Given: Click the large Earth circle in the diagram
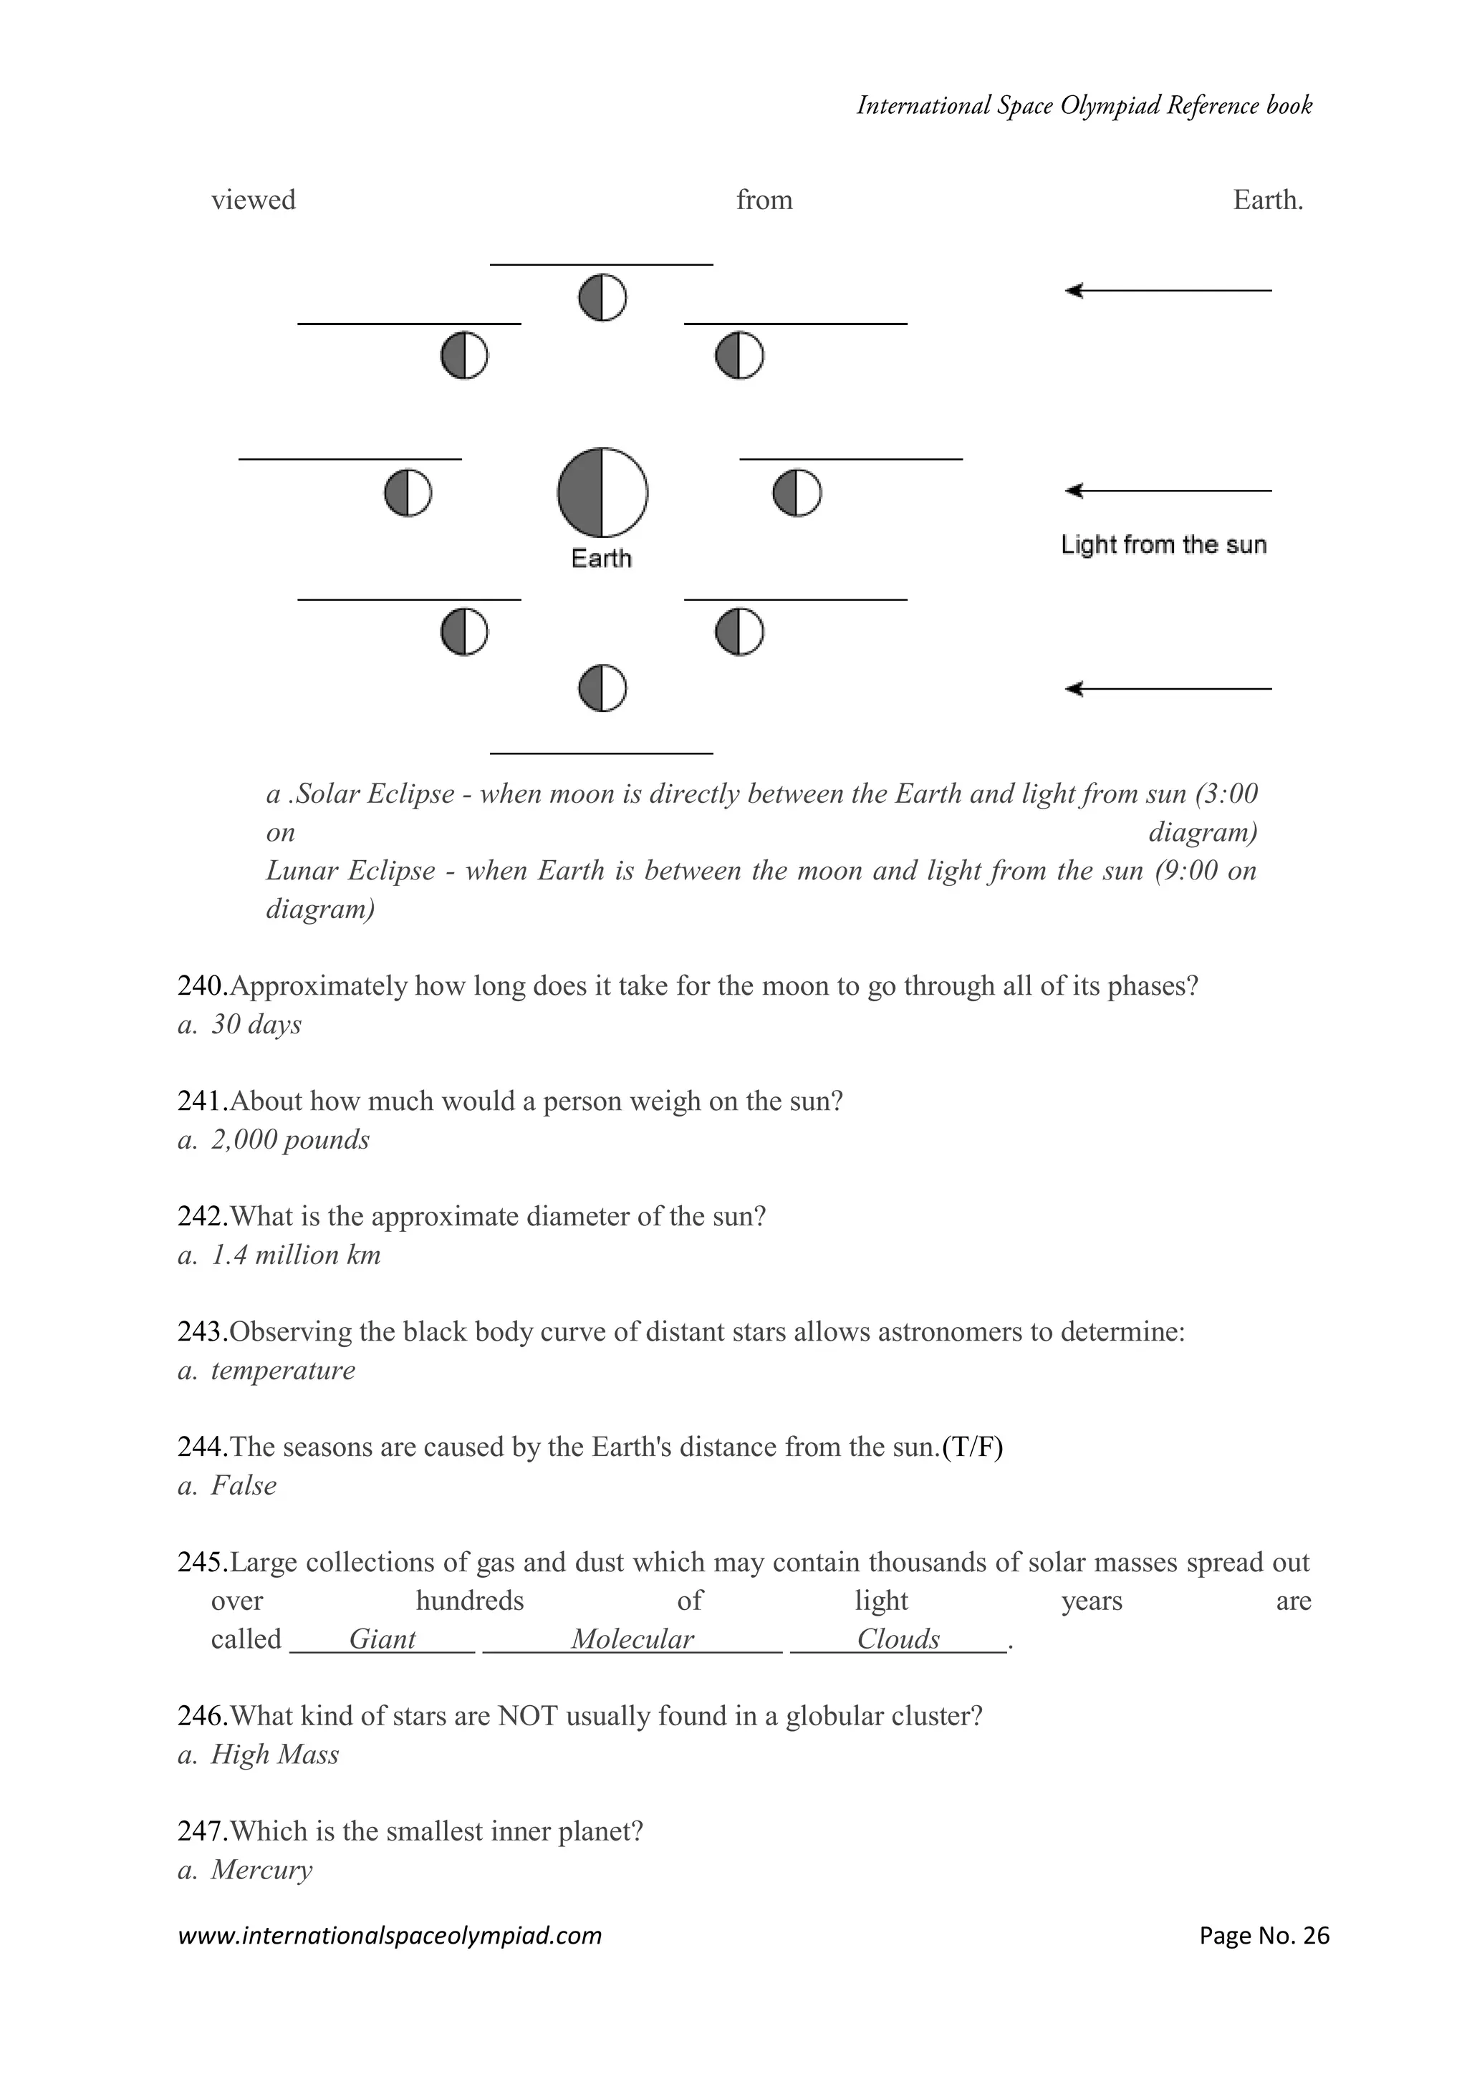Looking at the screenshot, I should pos(602,492).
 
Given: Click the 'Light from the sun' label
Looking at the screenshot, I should pos(1163,545).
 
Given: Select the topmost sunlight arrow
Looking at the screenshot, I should pos(1168,291).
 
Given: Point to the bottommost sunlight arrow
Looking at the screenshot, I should pos(1168,689).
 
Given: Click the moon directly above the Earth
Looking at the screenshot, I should pos(602,297).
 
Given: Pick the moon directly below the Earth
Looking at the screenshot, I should pos(602,688).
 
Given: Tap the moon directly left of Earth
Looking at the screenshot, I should pos(408,493).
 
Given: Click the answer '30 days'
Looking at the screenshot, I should pos(256,1024).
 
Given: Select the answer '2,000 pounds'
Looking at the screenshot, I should pos(290,1140).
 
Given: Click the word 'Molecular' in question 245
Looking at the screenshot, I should pos(633,1639).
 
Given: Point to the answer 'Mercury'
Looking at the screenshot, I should pos(261,1870).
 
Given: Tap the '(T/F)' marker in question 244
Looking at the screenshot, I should pos(972,1447).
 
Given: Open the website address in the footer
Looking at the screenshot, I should pos(390,1936).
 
